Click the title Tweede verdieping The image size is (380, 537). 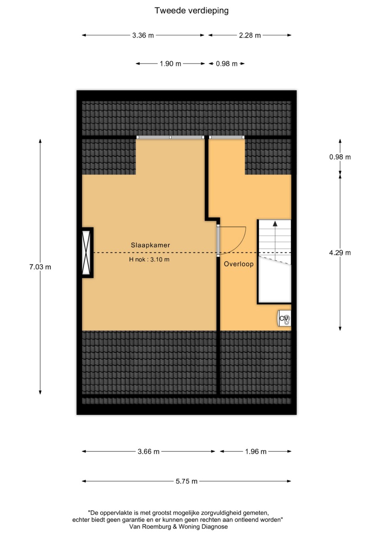pyautogui.click(x=191, y=11)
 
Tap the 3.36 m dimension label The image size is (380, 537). pyautogui.click(x=143, y=36)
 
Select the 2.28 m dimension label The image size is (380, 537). pyautogui.click(x=250, y=36)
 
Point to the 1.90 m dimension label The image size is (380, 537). pyautogui.click(x=171, y=64)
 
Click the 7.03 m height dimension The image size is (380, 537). pyautogui.click(x=40, y=267)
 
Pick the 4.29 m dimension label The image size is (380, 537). pyautogui.click(x=340, y=253)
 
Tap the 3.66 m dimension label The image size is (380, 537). pyautogui.click(x=148, y=452)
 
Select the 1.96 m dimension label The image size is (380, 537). pyautogui.click(x=256, y=452)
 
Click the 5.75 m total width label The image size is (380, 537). pyautogui.click(x=186, y=481)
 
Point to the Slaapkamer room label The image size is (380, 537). pyautogui.click(x=150, y=245)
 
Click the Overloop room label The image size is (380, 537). pyautogui.click(x=239, y=264)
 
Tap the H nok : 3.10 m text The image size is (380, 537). pyautogui.click(x=149, y=259)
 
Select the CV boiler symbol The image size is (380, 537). pyautogui.click(x=285, y=318)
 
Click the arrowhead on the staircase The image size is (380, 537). pyautogui.click(x=275, y=224)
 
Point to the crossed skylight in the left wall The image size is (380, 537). pyautogui.click(x=86, y=253)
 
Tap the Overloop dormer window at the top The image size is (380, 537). pyautogui.click(x=226, y=137)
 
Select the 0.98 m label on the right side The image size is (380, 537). pyautogui.click(x=340, y=157)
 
